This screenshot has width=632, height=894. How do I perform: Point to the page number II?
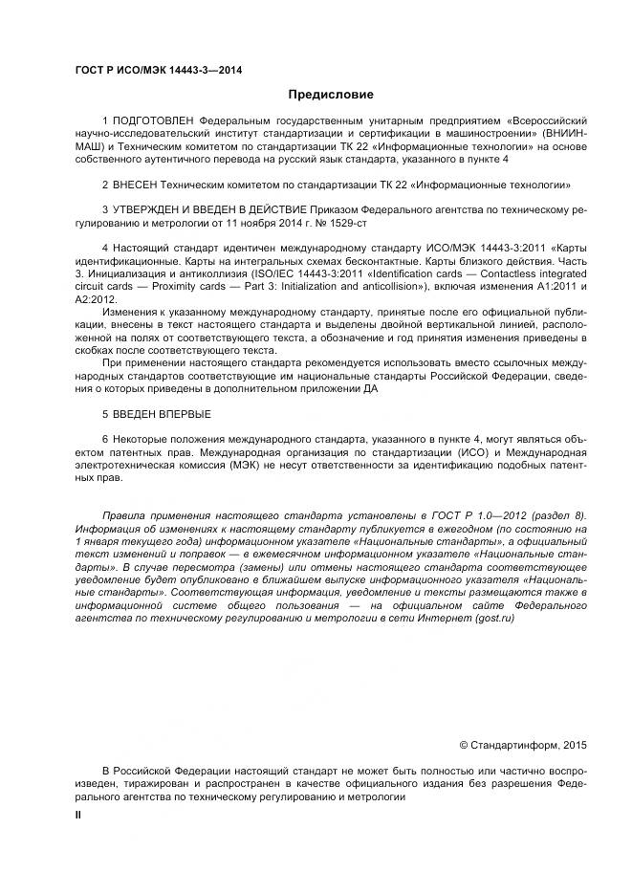tap(78, 813)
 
